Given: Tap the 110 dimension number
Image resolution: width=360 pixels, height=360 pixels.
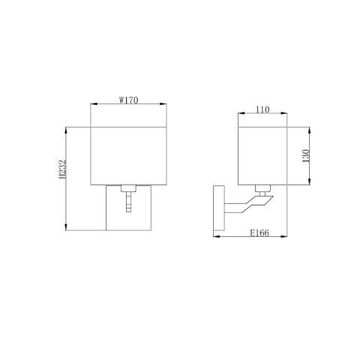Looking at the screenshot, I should [262, 109].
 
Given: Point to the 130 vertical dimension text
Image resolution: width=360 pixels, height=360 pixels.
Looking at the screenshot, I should [305, 156].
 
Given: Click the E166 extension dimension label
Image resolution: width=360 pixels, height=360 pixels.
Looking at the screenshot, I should [260, 234].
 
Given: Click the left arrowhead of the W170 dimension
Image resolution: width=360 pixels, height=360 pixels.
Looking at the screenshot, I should [92, 104].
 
